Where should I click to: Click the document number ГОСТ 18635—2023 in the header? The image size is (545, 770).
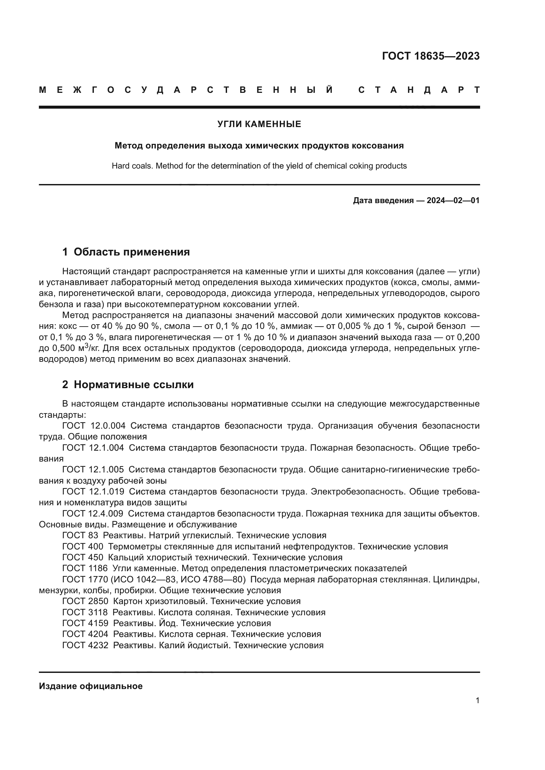[x=431, y=56]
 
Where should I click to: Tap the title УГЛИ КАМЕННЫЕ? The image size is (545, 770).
[x=259, y=124]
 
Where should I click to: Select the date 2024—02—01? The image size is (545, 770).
[x=453, y=201]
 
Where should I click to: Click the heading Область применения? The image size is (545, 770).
[x=131, y=252]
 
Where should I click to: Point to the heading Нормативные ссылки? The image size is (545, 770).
[x=133, y=385]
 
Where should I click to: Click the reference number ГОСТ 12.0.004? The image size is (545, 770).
[x=94, y=426]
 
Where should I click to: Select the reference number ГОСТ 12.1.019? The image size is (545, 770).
[x=93, y=492]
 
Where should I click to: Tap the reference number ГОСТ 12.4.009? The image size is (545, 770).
[x=93, y=514]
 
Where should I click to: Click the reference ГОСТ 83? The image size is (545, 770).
[x=80, y=536]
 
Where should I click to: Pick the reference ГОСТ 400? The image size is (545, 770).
[x=83, y=547]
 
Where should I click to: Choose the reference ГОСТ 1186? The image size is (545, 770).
[x=85, y=569]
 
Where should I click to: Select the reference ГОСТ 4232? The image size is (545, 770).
[x=85, y=645]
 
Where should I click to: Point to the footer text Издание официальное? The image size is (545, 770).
[x=91, y=686]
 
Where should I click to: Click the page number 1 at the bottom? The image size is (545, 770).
[x=477, y=701]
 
